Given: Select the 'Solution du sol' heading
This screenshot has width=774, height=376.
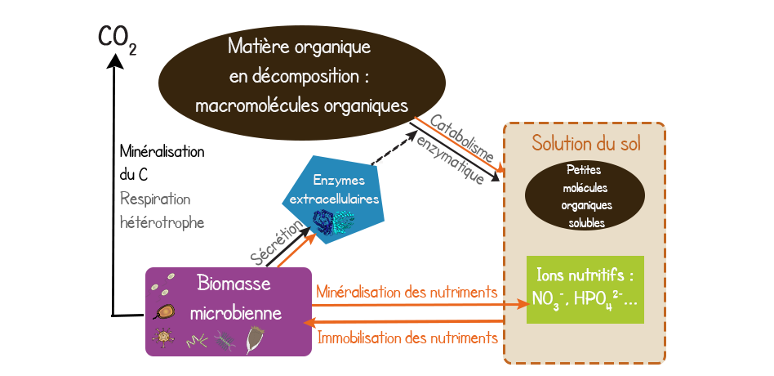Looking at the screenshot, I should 585,144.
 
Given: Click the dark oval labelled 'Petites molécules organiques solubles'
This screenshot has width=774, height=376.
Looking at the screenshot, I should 582,196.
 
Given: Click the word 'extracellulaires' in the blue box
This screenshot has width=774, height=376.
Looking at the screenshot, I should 334,198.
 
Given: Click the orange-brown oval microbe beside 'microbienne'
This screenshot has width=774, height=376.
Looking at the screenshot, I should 166,311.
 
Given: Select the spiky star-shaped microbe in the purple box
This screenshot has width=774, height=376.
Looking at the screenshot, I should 163,337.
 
